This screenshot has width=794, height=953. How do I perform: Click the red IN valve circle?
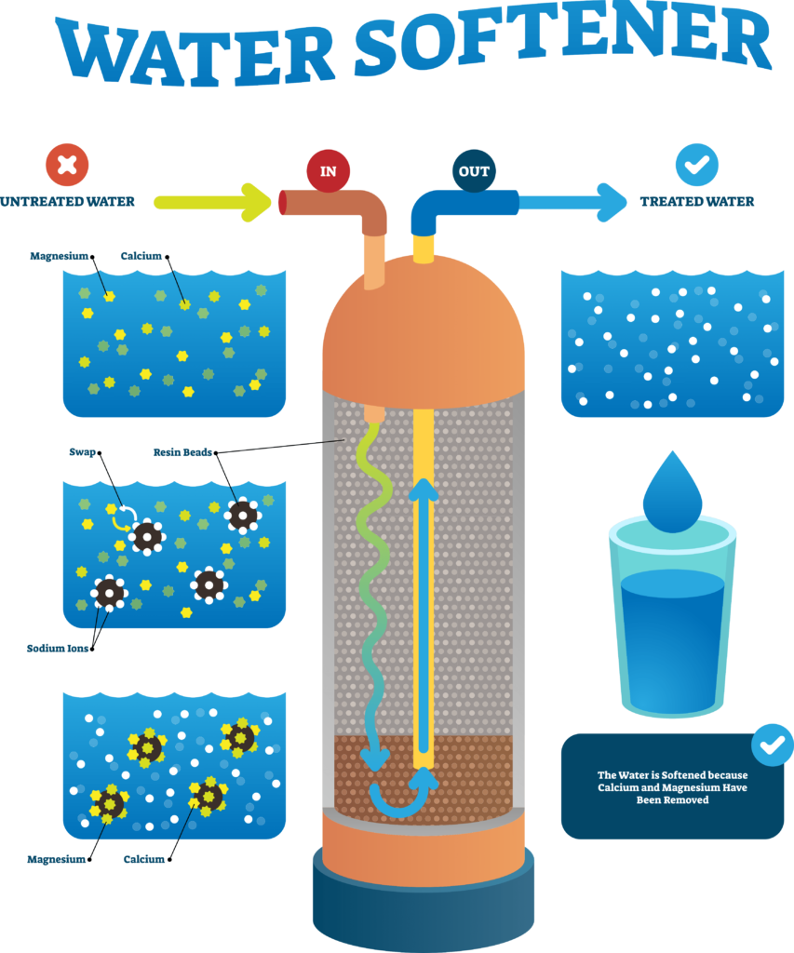[328, 171]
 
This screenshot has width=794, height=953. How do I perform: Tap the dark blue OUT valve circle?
[474, 171]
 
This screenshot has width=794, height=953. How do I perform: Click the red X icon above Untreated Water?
[67, 165]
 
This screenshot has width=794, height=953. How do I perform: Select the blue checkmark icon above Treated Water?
[696, 165]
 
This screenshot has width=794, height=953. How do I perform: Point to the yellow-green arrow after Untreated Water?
[212, 202]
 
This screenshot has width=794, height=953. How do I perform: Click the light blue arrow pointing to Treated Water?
[572, 202]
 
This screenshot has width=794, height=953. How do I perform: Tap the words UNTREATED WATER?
[67, 202]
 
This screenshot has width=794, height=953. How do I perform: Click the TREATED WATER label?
[696, 202]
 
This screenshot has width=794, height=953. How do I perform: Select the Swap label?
[82, 452]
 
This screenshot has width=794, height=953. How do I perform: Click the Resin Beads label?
[182, 452]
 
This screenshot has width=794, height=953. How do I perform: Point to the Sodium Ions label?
[57, 649]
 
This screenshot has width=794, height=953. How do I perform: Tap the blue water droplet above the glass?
[672, 492]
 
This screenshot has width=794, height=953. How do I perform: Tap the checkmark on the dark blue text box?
[773, 745]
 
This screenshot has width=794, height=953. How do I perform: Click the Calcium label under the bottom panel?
[144, 859]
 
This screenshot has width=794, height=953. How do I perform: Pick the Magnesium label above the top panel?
[59, 256]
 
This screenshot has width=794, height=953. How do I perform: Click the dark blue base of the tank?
[424, 900]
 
